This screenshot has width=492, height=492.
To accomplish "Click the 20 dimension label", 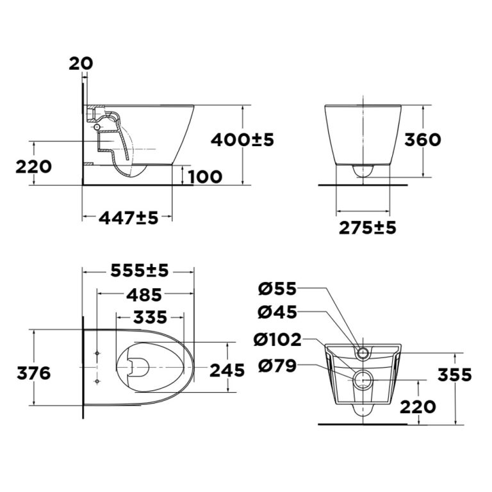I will pos(81,63).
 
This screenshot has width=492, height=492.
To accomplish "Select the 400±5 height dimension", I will pos(243,139).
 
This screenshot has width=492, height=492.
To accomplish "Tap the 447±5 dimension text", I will pos(128,218).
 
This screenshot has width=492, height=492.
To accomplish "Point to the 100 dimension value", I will pos(206,176).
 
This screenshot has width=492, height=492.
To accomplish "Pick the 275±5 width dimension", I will pos(367,227).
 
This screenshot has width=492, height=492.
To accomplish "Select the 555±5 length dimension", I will pos(140,271).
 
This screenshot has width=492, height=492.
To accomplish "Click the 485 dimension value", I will pos(140,295).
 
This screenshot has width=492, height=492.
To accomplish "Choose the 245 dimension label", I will pos(227,370).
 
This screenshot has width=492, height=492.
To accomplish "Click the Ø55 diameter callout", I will pos(277,289).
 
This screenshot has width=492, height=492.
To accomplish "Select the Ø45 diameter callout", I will pos(277,313).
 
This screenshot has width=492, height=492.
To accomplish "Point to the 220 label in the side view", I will pos(33,167).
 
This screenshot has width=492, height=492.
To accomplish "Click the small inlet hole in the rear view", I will pos(363,352).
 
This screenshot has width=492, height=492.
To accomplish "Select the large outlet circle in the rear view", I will pos(363,379).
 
